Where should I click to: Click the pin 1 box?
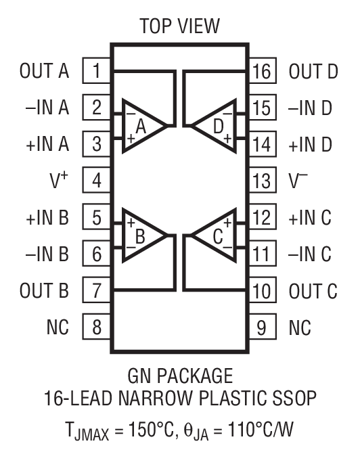pos(97,70)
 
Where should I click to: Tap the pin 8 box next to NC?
pos(97,328)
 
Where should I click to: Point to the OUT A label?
pos(45,71)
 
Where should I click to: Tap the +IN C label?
pos(311,218)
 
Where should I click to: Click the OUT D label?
pos(313,71)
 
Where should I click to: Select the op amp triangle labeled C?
pos(216,236)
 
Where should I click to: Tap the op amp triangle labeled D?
pos(216,126)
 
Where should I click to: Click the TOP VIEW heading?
pos(179,26)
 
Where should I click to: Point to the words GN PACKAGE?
pos(180,376)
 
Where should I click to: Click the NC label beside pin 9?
pos(300,328)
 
